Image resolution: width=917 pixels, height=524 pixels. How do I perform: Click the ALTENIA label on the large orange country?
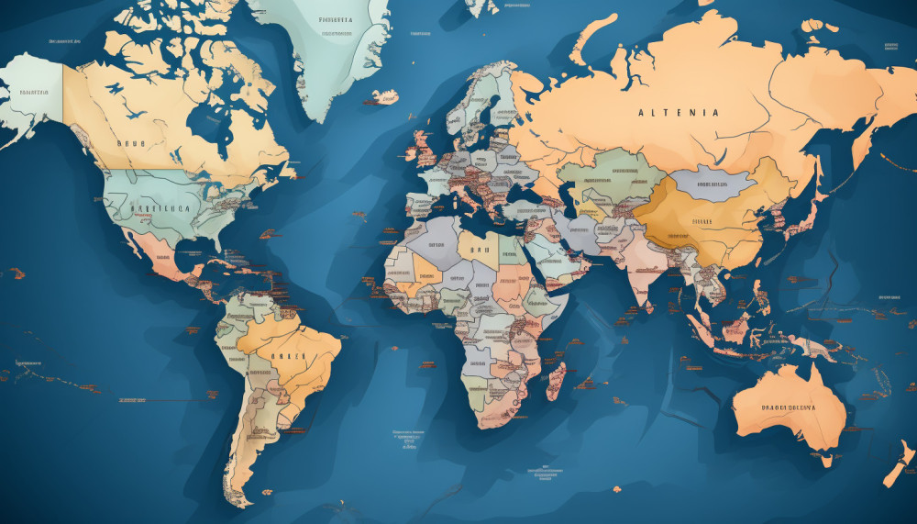[679, 112]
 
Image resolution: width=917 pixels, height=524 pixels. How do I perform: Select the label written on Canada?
[131, 143]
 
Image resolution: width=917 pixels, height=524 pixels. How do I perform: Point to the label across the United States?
[160, 208]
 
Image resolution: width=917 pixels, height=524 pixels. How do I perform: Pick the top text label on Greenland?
[336, 19]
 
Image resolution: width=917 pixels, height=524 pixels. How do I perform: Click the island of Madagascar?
[556, 379]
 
